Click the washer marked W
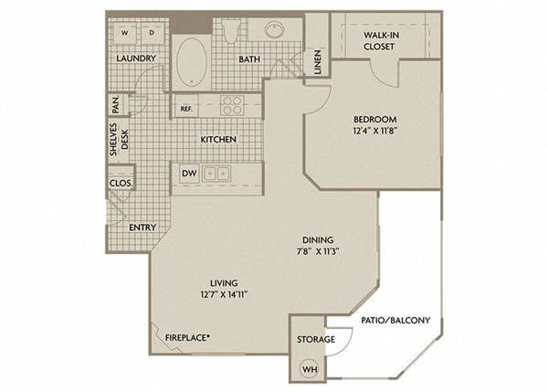pos(125,33)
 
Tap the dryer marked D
pos(153,33)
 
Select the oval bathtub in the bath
pos(192,62)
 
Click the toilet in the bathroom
pos(231,30)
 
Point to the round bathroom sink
pos(276,29)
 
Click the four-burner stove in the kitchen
pos(232,105)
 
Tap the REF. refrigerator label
pos(186,109)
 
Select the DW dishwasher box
pos(189,173)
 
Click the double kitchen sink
pos(216,174)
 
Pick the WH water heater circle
pos(309,369)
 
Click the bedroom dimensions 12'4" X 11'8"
pos(375,131)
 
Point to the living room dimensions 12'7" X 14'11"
pos(224,294)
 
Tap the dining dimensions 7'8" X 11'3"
pos(317,251)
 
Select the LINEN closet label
pos(318,62)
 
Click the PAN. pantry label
pos(116,104)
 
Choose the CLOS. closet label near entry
pos(121,184)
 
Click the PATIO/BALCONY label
pos(395,320)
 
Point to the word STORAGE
pos(316,339)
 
